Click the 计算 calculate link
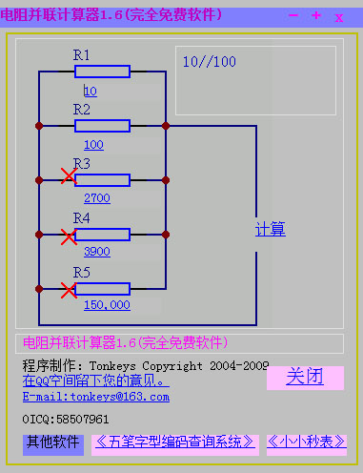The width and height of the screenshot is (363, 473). pos(271,229)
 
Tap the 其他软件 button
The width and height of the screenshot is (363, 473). pos(52,442)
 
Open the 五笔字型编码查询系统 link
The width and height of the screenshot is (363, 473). pos(174,442)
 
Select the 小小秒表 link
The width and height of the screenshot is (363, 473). pos(305,442)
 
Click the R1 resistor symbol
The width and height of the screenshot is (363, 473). pos(102,72)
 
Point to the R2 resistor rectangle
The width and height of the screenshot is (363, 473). pos(102,125)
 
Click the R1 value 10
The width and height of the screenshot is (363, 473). pos(91,92)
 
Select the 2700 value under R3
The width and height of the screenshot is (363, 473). pos(97,198)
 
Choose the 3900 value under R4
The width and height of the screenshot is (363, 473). pos(97,253)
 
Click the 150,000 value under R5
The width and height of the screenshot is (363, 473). pos(107,305)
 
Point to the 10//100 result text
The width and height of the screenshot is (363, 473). pos(209,62)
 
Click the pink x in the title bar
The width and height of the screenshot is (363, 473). pos(338,16)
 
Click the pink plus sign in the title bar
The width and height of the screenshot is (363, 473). pos(315,15)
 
